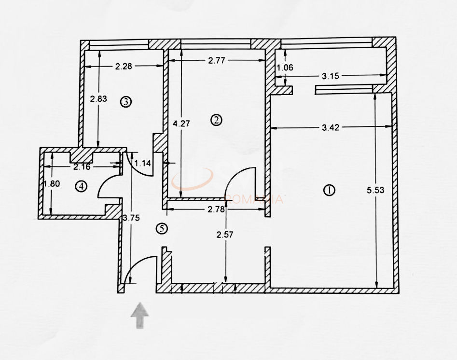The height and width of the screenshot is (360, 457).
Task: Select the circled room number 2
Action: (217, 120)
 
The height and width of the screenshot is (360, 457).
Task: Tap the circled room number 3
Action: (125, 102)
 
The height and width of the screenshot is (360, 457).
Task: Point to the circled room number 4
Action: (81, 186)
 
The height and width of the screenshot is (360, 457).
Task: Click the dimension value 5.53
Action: (376, 190)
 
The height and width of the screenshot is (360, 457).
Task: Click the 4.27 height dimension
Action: (181, 123)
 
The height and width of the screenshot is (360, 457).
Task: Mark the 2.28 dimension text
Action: (124, 67)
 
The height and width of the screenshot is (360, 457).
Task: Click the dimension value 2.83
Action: (99, 98)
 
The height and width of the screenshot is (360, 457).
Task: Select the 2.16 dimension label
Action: (82, 167)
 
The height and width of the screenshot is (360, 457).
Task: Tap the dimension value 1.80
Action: (52, 184)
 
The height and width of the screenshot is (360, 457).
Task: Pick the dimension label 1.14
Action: (143, 163)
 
